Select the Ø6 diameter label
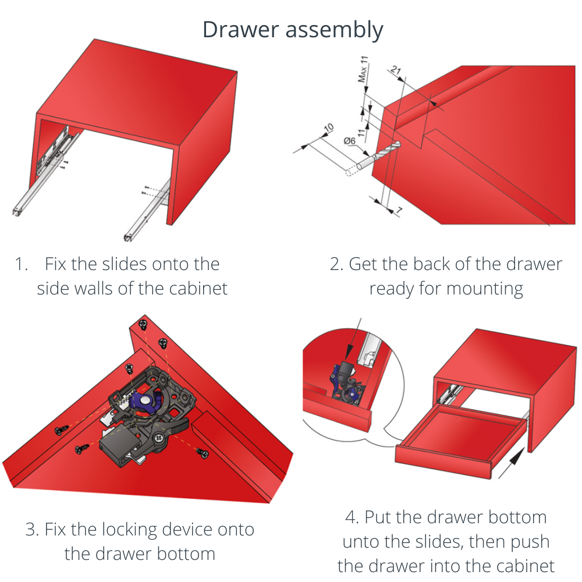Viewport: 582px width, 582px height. [x=350, y=141]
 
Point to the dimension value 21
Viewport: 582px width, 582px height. [x=396, y=71]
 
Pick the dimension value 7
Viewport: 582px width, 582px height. [x=399, y=211]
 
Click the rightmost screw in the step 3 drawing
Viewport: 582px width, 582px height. [x=202, y=452]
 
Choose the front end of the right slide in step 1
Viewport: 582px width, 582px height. [x=127, y=236]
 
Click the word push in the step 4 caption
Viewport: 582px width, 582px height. [x=528, y=541]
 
